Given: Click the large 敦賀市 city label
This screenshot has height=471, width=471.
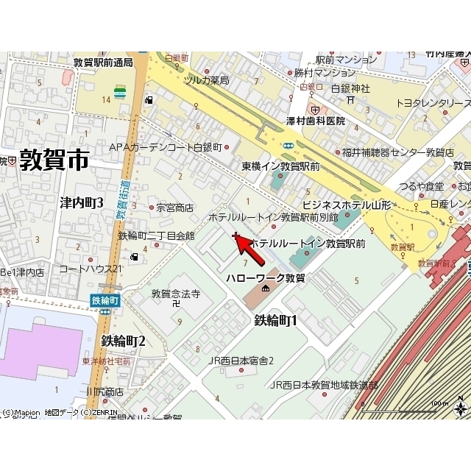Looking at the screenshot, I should [54, 160].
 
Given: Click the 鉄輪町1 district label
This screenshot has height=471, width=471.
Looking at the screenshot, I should [275, 320].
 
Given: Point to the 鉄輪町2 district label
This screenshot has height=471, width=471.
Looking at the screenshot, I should [123, 341].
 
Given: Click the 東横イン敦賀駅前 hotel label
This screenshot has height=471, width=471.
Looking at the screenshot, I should [280, 166].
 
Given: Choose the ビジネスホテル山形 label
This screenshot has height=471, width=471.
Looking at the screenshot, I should [347, 204].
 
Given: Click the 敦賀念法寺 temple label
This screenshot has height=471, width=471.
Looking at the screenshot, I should [176, 294].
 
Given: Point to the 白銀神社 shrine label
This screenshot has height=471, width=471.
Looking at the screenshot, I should [350, 88].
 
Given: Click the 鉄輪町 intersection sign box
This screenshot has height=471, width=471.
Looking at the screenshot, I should [105, 300].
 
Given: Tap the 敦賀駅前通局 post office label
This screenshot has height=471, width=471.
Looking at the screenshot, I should [103, 63].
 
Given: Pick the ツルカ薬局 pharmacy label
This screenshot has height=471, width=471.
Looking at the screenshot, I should [207, 79].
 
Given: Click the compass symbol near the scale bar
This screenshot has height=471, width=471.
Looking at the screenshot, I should [461, 407].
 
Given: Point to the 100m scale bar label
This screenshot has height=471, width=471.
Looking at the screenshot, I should [439, 403].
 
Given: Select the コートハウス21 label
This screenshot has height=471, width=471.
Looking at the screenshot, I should [91, 269].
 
